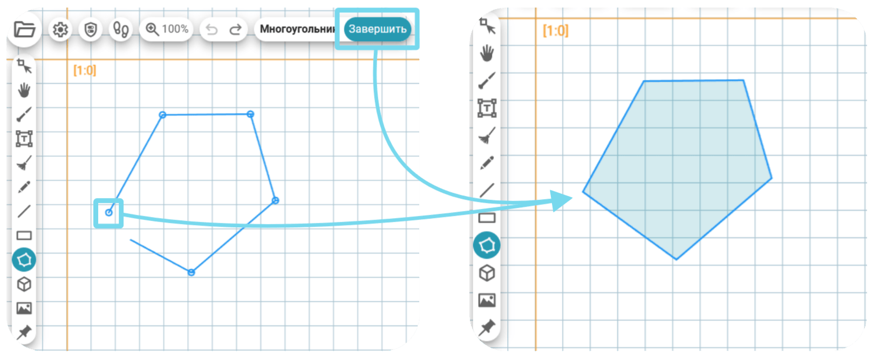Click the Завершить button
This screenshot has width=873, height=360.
(x=377, y=29)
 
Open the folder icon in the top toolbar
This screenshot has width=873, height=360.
(x=25, y=29)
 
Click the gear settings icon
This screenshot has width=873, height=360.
(x=60, y=30)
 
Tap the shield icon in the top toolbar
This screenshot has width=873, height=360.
(x=91, y=29)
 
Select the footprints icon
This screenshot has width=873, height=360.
(x=121, y=30)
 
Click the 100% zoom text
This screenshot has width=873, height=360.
(x=175, y=29)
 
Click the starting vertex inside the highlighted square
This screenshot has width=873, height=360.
(x=109, y=213)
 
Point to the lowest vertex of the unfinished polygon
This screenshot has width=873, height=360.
(x=191, y=272)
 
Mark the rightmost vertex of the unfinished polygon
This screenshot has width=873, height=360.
(x=275, y=200)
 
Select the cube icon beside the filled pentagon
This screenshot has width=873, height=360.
(x=487, y=273)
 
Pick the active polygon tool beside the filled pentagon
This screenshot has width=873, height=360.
(x=487, y=246)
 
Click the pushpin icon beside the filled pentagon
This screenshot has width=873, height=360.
(x=487, y=328)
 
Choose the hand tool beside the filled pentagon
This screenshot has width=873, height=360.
(x=487, y=53)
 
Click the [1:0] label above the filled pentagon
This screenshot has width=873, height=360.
(x=555, y=30)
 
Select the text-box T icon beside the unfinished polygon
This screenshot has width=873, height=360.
(x=24, y=139)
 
